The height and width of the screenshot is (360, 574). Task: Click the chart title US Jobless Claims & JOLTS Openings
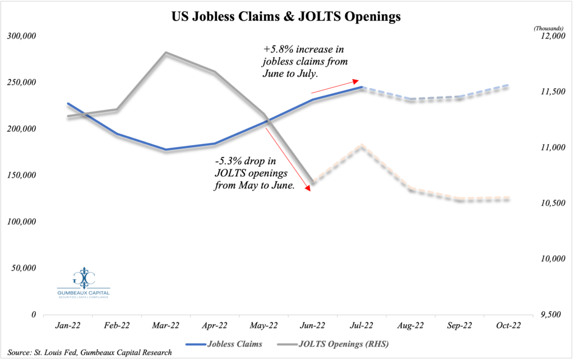click(286, 17)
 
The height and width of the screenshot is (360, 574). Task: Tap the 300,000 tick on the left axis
click(21, 36)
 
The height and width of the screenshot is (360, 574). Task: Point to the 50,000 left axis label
click(23, 269)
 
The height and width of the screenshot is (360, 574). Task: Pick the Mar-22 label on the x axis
click(166, 326)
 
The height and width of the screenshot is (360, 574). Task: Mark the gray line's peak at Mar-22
click(166, 53)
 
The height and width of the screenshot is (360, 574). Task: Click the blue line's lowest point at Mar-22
click(166, 150)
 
